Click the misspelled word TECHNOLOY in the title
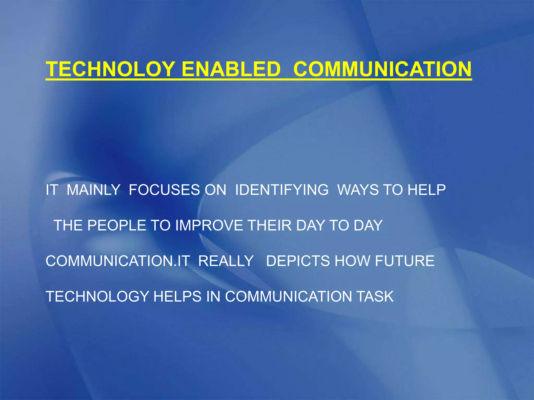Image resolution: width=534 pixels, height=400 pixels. (x=110, y=69)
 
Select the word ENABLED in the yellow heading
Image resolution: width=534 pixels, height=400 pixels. (x=231, y=69)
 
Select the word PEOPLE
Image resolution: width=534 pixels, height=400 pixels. (x=117, y=225)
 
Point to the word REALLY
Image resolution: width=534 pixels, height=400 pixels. (x=226, y=261)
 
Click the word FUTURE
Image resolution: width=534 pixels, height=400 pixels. (x=405, y=261)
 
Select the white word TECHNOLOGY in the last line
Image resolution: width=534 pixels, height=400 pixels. (x=97, y=297)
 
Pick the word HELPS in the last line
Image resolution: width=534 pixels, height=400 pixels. (x=177, y=297)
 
